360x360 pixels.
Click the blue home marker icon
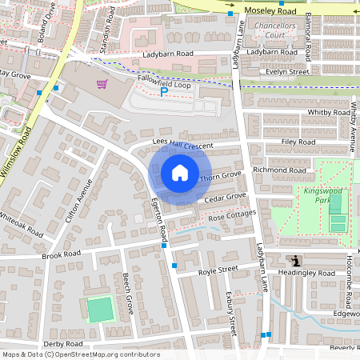coord(179,173)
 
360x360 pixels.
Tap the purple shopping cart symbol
coord(102,84)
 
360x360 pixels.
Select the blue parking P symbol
coord(164,92)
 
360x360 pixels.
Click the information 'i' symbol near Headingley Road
coord(297,261)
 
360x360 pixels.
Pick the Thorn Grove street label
coord(220,175)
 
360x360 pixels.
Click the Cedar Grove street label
coord(225,197)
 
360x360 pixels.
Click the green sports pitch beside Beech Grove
coord(100,309)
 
